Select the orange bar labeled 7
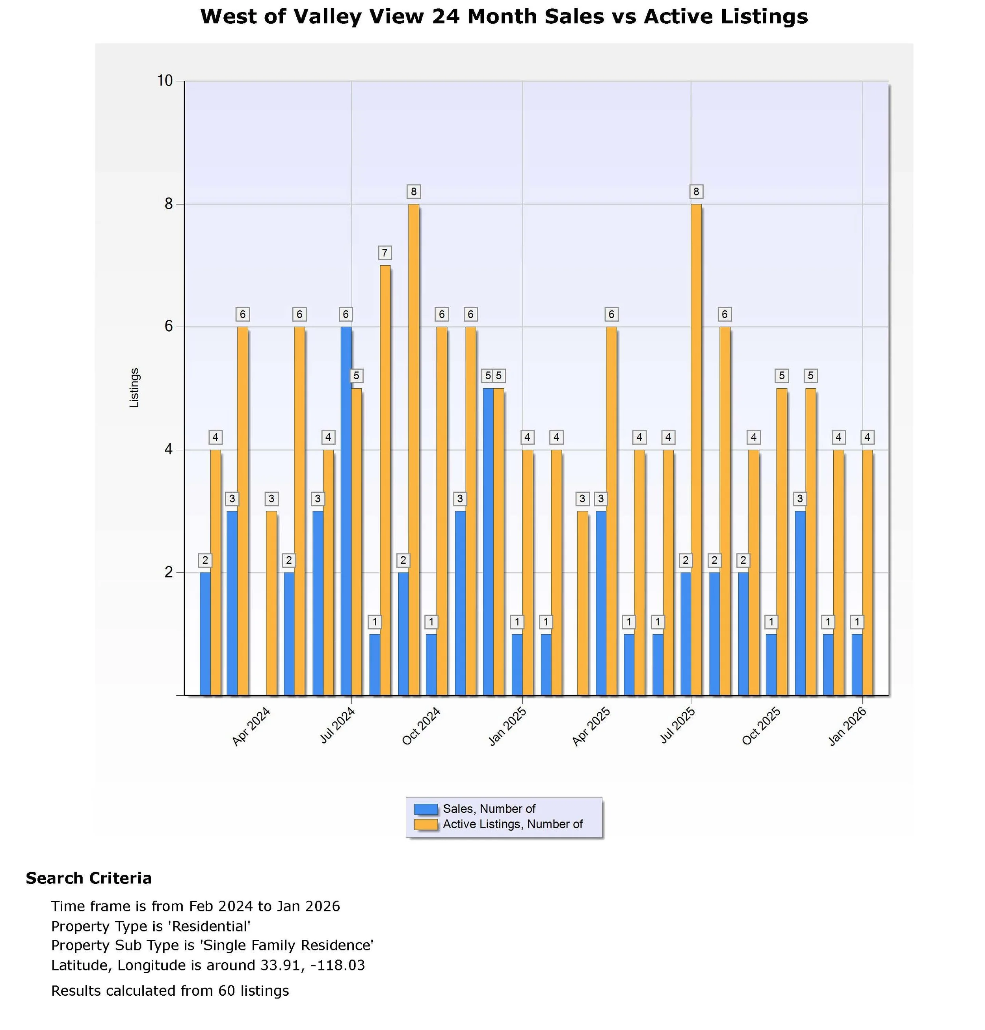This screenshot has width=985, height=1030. [385, 480]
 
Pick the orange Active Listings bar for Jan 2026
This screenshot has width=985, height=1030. [867, 572]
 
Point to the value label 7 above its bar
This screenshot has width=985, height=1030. [385, 253]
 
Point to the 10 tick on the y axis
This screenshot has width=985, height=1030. [165, 81]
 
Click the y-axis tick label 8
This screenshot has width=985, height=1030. [169, 204]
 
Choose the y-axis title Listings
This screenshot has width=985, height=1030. [134, 387]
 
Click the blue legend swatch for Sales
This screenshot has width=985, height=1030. [425, 809]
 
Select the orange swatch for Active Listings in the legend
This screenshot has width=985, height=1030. [425, 825]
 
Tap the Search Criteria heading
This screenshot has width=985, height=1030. [89, 878]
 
